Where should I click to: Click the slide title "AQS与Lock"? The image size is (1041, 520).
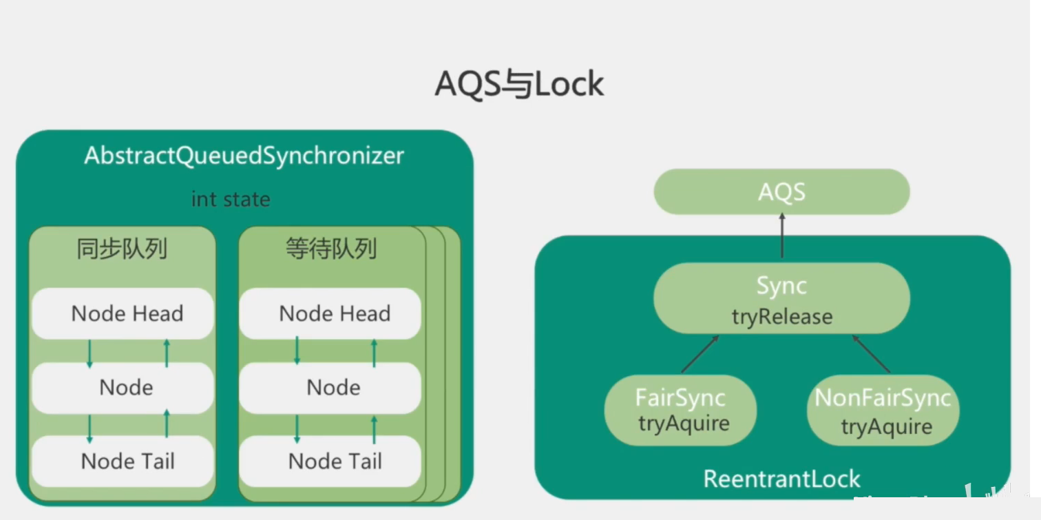tap(519, 84)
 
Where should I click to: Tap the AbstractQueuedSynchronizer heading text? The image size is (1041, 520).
tap(244, 156)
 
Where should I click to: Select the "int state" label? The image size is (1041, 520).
tap(231, 200)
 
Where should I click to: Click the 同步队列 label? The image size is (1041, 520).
tap(122, 249)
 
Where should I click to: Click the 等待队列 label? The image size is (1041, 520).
tap(331, 249)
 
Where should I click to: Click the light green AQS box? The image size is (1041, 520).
tap(781, 192)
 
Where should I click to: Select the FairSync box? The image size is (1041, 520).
tap(680, 410)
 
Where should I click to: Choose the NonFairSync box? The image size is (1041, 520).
tap(883, 410)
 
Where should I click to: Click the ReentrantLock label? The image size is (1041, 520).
tap(781, 479)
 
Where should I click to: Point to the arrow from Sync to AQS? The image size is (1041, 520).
tap(782, 236)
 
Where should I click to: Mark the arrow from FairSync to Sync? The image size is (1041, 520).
tap(700, 354)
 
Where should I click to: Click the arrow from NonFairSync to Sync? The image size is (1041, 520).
tap(872, 354)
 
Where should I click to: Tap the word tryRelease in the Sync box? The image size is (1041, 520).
tap(781, 317)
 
